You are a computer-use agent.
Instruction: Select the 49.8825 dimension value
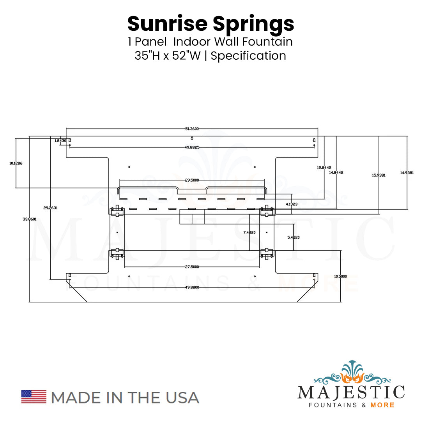tap(192, 147)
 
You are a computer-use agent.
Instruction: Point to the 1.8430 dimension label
tap(60, 141)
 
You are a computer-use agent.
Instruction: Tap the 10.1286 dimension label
tap(16, 163)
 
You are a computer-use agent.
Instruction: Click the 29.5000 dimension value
tap(192, 180)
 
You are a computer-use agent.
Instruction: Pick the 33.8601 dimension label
tap(30, 219)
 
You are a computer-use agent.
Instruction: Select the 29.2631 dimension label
tap(51, 208)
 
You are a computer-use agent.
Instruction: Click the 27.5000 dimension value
tap(192, 267)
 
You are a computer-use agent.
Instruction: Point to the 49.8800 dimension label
tap(192, 287)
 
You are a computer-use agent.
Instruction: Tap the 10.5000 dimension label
tap(340, 276)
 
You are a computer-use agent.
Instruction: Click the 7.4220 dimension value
tap(249, 232)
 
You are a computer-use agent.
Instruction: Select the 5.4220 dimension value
tap(293, 237)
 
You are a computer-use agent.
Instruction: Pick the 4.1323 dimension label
tap(292, 204)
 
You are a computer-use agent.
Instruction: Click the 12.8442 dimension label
tap(324, 167)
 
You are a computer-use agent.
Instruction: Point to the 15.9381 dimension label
tap(379, 175)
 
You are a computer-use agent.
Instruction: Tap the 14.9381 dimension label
tap(407, 172)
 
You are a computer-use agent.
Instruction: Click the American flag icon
tap(34, 396)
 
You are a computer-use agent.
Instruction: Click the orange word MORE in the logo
tap(383, 405)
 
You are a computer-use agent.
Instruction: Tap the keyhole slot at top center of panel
tap(192, 138)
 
